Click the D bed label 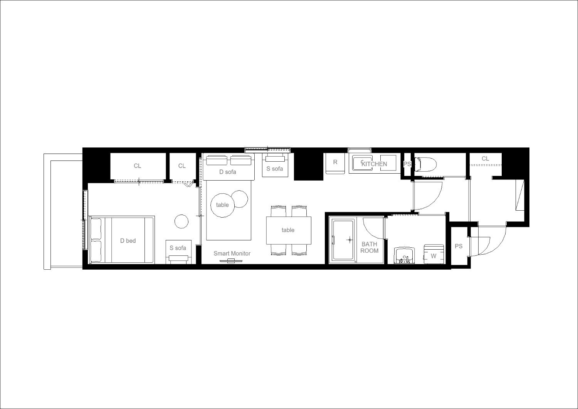click(128, 240)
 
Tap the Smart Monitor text click(232, 254)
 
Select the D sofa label click(228, 172)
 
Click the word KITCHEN click(374, 164)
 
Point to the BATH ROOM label click(369, 247)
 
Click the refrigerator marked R click(335, 163)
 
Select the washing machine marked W click(434, 254)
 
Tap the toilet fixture click(425, 164)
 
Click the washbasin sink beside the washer click(404, 255)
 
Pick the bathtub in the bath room click(343, 240)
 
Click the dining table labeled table click(289, 230)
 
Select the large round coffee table click(222, 205)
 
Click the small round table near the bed click(181, 221)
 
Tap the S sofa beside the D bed click(178, 252)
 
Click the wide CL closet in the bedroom click(138, 166)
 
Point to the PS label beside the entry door click(459, 246)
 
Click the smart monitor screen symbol click(231, 262)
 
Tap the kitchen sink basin click(363, 163)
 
